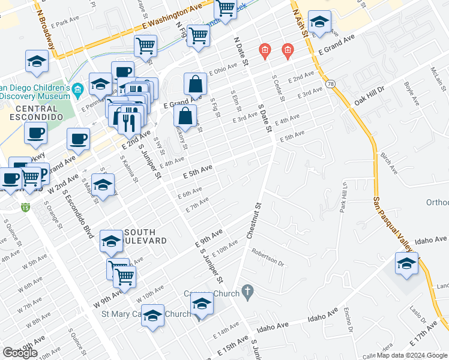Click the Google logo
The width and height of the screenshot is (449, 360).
pos(20,353)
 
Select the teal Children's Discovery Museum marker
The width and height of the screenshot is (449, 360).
pos(77,91)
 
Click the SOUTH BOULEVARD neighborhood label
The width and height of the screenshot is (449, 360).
pos(140,236)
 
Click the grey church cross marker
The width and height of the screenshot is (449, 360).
pos(246,292)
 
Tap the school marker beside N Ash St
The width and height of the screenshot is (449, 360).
pos(319,23)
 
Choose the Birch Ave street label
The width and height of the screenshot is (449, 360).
pos(388,163)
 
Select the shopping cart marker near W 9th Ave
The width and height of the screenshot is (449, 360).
pos(124,276)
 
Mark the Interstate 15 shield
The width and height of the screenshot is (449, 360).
pos(25,208)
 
